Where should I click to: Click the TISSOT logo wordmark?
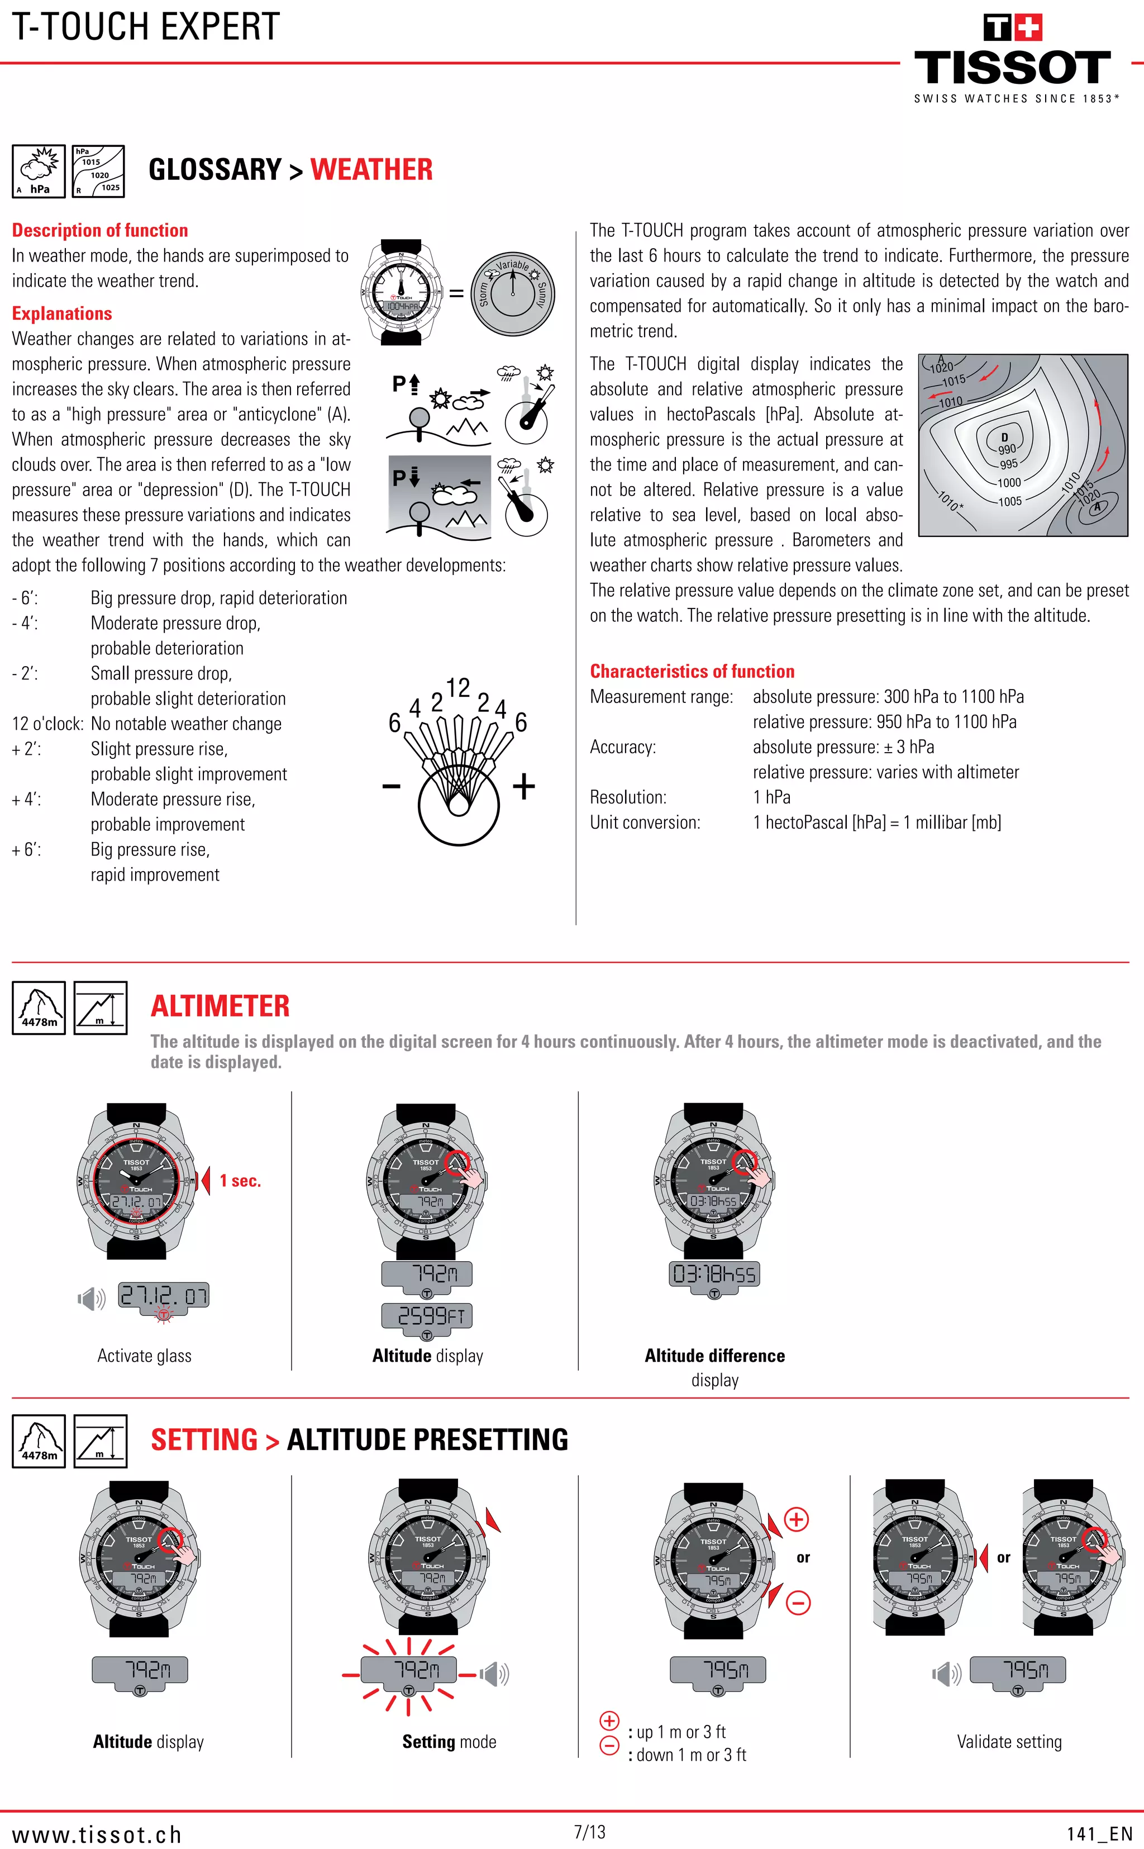pos(1012,68)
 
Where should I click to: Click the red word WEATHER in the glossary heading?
pos(371,169)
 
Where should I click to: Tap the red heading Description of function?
pos(100,230)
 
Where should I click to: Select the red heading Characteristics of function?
pos(692,671)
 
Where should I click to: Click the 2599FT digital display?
pos(427,1316)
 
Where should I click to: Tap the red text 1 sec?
pos(240,1181)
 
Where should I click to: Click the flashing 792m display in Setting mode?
pos(408,1670)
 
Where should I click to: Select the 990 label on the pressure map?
pos(1007,449)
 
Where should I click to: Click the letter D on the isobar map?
pos(1005,437)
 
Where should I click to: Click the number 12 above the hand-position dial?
pos(457,687)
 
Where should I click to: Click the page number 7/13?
pos(589,1832)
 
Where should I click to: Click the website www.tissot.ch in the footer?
pos(97,1834)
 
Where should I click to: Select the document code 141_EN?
pos(1099,1834)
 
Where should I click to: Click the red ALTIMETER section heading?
pos(220,1006)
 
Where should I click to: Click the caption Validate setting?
pos(1009,1742)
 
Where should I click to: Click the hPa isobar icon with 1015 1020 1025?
pos(99,171)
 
